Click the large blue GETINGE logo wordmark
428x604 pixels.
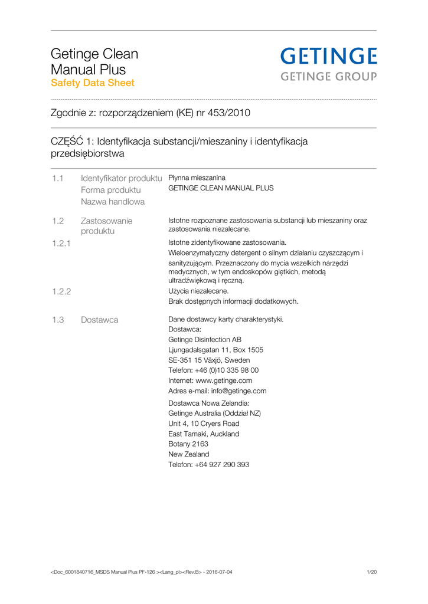click(x=328, y=57)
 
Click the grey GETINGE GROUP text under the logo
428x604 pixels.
click(x=328, y=76)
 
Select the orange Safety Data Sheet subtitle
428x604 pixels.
click(x=93, y=83)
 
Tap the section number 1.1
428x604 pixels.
click(x=57, y=178)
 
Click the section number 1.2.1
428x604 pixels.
click(x=61, y=242)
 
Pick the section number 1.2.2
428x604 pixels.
click(x=61, y=291)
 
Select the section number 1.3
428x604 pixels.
click(x=57, y=320)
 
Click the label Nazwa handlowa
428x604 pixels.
click(x=113, y=202)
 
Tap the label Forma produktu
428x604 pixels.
click(x=111, y=190)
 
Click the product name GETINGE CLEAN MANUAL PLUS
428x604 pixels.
click(x=221, y=188)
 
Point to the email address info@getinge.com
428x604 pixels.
click(x=235, y=390)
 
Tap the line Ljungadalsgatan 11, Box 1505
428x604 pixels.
click(x=215, y=350)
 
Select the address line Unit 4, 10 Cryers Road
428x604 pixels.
click(x=204, y=424)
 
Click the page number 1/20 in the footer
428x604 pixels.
click(x=371, y=572)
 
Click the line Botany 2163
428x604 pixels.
click(x=188, y=444)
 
